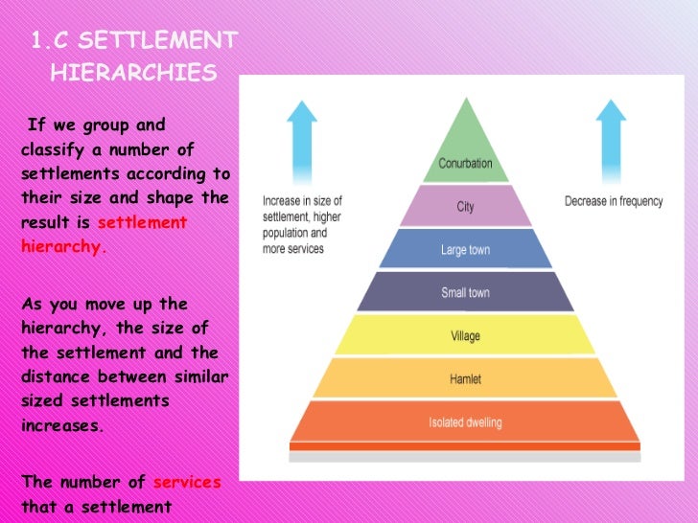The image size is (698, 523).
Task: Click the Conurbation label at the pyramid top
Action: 465,164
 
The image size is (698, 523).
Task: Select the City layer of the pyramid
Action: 465,207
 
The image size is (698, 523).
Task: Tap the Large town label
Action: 465,250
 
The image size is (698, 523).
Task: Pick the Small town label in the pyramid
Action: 465,292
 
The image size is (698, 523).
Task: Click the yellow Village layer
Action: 465,335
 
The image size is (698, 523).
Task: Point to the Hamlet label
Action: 465,378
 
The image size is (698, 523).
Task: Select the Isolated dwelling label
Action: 465,422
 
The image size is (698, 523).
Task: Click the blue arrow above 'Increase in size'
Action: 302,139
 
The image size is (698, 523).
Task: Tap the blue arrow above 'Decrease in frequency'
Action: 613,139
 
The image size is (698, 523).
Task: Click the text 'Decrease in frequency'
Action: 613,201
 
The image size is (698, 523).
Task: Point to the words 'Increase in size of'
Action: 302,201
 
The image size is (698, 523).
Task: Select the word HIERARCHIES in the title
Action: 133,74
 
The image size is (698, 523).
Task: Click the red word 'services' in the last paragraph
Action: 187,482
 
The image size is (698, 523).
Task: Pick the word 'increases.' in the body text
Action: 61,425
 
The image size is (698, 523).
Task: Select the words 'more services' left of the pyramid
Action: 292,249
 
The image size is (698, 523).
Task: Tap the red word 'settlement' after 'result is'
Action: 142,222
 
